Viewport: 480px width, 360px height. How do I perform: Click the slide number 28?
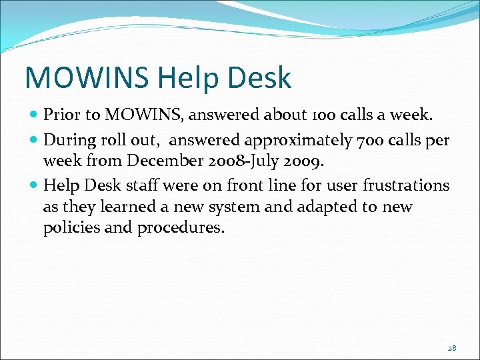452,347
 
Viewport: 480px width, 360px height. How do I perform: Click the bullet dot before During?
35,140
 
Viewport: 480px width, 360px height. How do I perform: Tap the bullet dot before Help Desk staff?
35,185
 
